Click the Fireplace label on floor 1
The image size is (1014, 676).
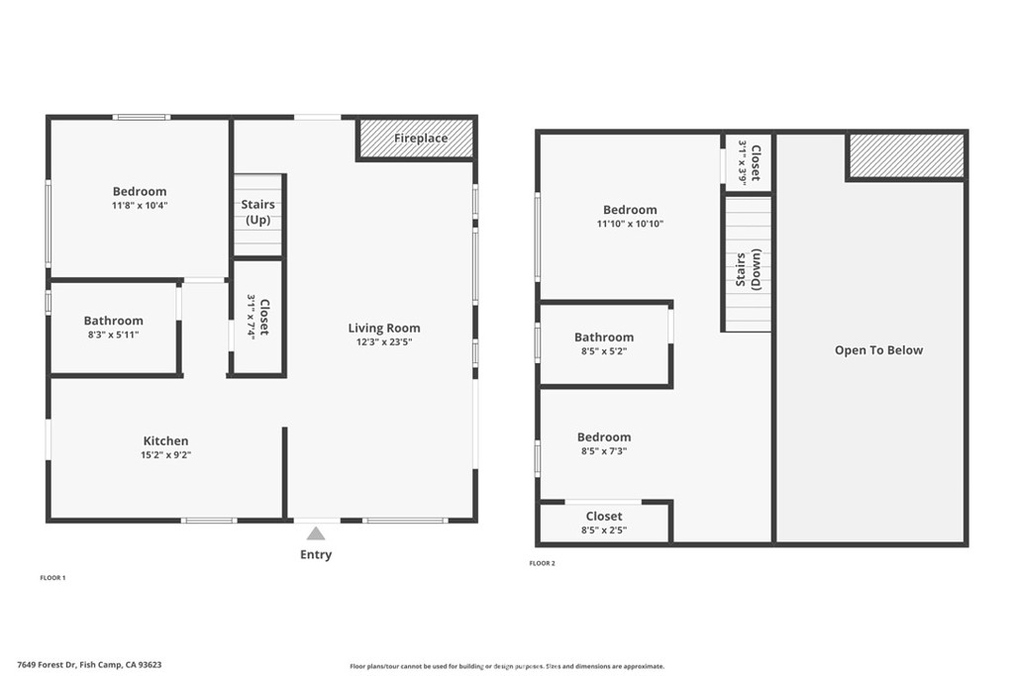click(x=420, y=139)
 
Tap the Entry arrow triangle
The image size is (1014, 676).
click(x=315, y=533)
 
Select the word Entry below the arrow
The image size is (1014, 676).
click(x=316, y=555)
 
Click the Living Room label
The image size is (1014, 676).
click(x=383, y=329)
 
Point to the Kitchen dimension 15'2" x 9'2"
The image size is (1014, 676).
click(x=165, y=455)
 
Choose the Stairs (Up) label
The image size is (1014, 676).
click(x=258, y=212)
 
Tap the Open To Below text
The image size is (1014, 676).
click(x=878, y=350)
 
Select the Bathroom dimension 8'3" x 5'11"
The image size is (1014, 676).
click(x=113, y=335)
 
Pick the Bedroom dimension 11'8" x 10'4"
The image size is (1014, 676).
click(x=140, y=206)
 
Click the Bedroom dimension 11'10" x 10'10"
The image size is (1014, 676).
click(x=630, y=224)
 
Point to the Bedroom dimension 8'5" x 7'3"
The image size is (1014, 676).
click(x=604, y=451)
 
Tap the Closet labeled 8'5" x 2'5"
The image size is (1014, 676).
click(x=604, y=524)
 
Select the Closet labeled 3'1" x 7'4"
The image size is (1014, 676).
click(x=257, y=317)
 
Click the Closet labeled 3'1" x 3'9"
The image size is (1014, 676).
click(x=749, y=162)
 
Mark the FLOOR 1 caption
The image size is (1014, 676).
click(x=52, y=577)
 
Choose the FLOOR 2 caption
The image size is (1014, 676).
click(x=543, y=563)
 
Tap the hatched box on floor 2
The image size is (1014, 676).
click(x=906, y=155)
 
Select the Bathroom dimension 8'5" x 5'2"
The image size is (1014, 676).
click(x=604, y=351)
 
